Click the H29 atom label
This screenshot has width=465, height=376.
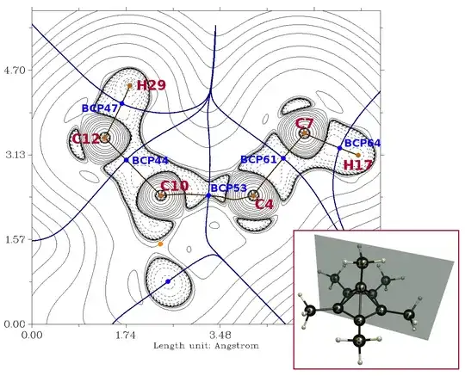(x=152, y=85)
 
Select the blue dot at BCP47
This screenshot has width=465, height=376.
(x=122, y=103)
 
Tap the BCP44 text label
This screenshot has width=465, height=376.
(x=150, y=160)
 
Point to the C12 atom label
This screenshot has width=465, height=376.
(x=86, y=139)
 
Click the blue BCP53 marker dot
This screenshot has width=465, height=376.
(x=208, y=195)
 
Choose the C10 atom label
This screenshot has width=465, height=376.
(x=174, y=186)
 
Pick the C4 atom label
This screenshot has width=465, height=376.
(x=264, y=205)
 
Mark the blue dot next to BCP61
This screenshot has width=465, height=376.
(x=283, y=158)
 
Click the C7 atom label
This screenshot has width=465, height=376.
(x=304, y=123)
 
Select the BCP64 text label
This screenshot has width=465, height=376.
(x=363, y=143)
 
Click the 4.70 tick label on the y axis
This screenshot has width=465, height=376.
(x=14, y=71)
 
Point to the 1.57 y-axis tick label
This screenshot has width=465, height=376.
(x=15, y=239)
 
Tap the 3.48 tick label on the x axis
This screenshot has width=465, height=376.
(x=220, y=335)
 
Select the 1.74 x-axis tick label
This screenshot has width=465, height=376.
(x=127, y=335)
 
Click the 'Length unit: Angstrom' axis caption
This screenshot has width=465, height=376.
(x=206, y=346)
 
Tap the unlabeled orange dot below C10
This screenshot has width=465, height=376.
(x=160, y=244)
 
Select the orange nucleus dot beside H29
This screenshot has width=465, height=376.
(x=129, y=86)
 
